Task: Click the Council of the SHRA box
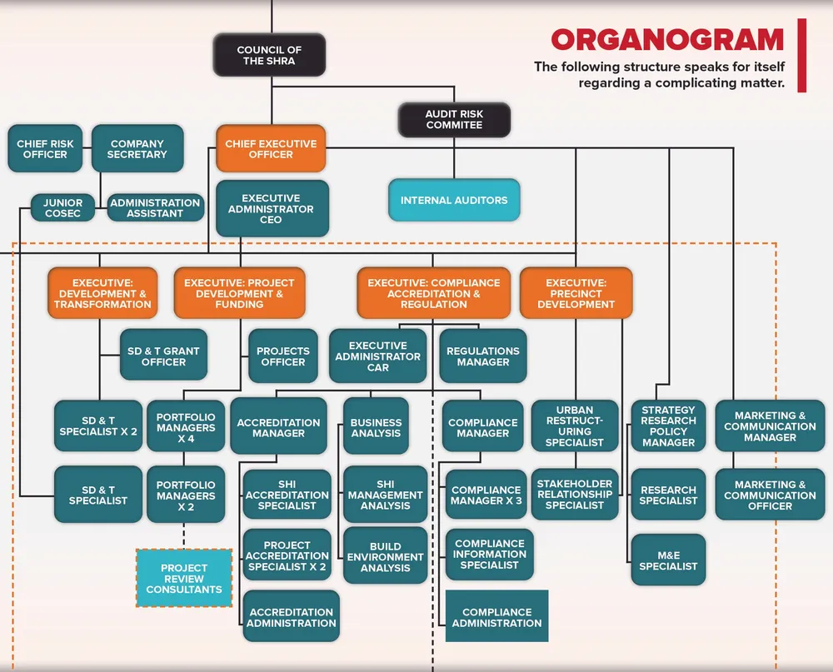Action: pyautogui.click(x=269, y=55)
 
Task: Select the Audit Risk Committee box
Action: pyautogui.click(x=454, y=120)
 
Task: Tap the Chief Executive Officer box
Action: pyautogui.click(x=271, y=149)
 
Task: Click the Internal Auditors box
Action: pyautogui.click(x=454, y=201)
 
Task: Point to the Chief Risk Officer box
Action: pyautogui.click(x=45, y=149)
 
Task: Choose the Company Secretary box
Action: pyautogui.click(x=137, y=149)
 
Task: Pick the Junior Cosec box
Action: pyautogui.click(x=62, y=207)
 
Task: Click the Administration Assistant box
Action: pyautogui.click(x=156, y=207)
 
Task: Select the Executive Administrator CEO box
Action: pyautogui.click(x=272, y=208)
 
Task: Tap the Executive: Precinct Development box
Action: pyautogui.click(x=576, y=293)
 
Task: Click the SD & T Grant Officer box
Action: pyautogui.click(x=163, y=355)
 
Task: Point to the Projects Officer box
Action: pyautogui.click(x=283, y=356)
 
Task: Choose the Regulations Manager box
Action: pyautogui.click(x=483, y=356)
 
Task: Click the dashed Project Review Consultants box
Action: pyautogui.click(x=184, y=578)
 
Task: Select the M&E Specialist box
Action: pyautogui.click(x=668, y=560)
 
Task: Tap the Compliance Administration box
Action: pyautogui.click(x=496, y=616)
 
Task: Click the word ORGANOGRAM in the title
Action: pyautogui.click(x=667, y=40)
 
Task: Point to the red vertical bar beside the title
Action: pyautogui.click(x=801, y=55)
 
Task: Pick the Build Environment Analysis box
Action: pyautogui.click(x=386, y=556)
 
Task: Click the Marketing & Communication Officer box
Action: pyautogui.click(x=770, y=495)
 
